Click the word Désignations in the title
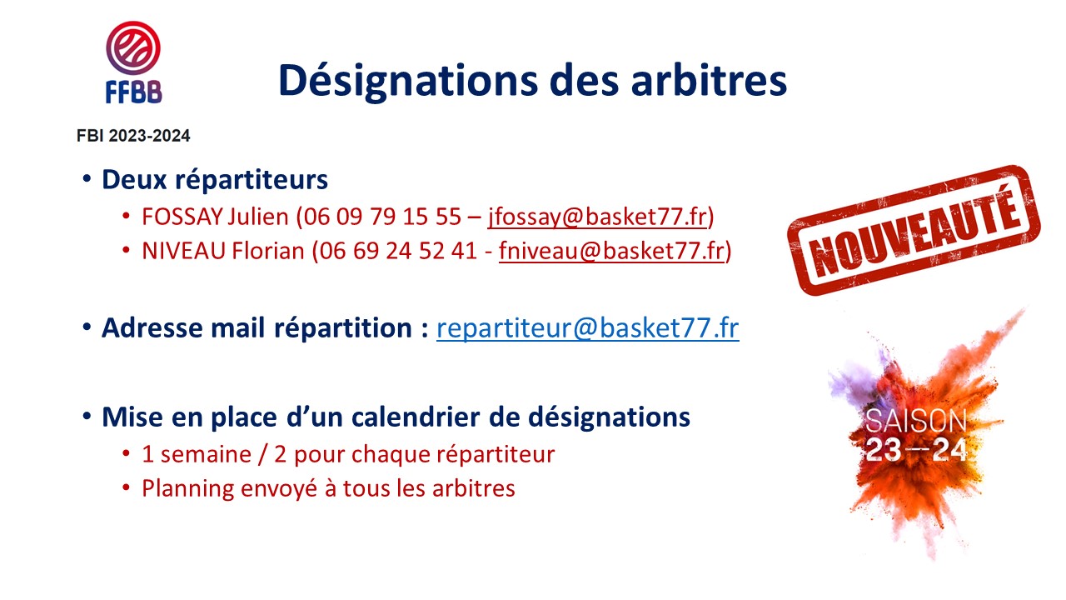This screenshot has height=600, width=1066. click(x=408, y=82)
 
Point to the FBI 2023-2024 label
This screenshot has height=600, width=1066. click(x=133, y=136)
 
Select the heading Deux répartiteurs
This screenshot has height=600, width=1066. click(x=215, y=180)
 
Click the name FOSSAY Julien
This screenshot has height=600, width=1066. click(x=215, y=217)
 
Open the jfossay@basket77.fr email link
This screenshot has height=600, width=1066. click(x=597, y=217)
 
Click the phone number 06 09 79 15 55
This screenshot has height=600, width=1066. click(x=382, y=217)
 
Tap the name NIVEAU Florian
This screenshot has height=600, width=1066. click(x=223, y=251)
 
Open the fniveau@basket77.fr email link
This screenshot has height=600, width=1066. click(x=611, y=251)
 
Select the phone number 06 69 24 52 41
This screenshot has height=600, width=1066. click(x=398, y=251)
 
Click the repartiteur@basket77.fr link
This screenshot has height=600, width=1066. click(x=588, y=328)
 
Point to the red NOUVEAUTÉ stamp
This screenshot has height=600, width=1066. click(x=914, y=230)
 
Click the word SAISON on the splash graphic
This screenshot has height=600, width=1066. click(x=915, y=421)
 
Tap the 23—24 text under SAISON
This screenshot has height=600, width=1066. click(x=915, y=450)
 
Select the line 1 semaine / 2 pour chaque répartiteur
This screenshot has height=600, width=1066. click(x=348, y=455)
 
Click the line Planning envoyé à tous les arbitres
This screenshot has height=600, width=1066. click(x=328, y=488)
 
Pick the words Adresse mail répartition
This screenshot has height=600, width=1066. click(x=257, y=328)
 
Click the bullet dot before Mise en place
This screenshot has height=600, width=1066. click(x=87, y=416)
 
